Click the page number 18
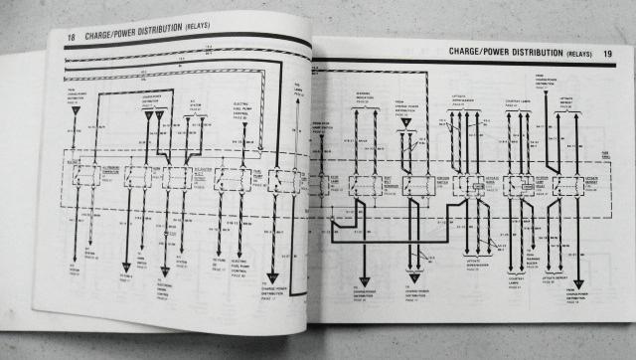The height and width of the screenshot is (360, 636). coord(71,38)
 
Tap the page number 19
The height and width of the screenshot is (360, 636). coord(606,50)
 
